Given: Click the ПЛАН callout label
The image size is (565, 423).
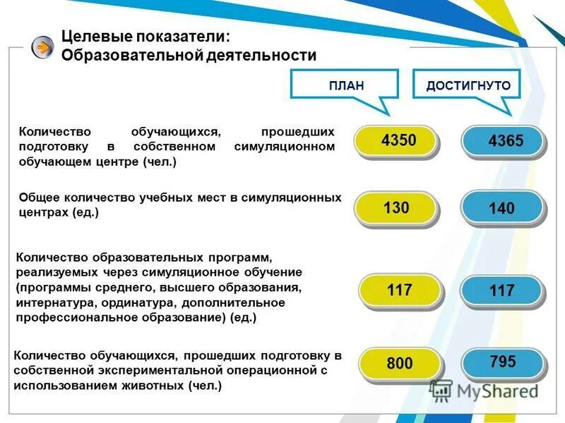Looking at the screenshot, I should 346,86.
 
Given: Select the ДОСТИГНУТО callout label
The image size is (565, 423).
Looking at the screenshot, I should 468,86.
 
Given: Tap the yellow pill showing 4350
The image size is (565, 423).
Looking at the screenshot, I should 398,141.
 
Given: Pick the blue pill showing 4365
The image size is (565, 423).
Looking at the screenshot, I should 505,141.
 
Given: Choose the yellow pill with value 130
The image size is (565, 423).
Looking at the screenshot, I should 397,208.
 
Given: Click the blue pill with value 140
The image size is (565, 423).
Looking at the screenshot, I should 502,209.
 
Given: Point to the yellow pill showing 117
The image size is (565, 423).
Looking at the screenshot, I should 400,290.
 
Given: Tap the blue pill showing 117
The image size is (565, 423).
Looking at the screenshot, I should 502,290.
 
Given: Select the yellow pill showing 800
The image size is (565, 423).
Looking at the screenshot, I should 400,364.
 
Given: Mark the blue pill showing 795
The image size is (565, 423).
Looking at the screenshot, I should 502,363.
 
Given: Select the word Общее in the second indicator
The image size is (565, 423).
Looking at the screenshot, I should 38,198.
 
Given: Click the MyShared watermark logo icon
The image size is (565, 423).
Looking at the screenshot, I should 441,390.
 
